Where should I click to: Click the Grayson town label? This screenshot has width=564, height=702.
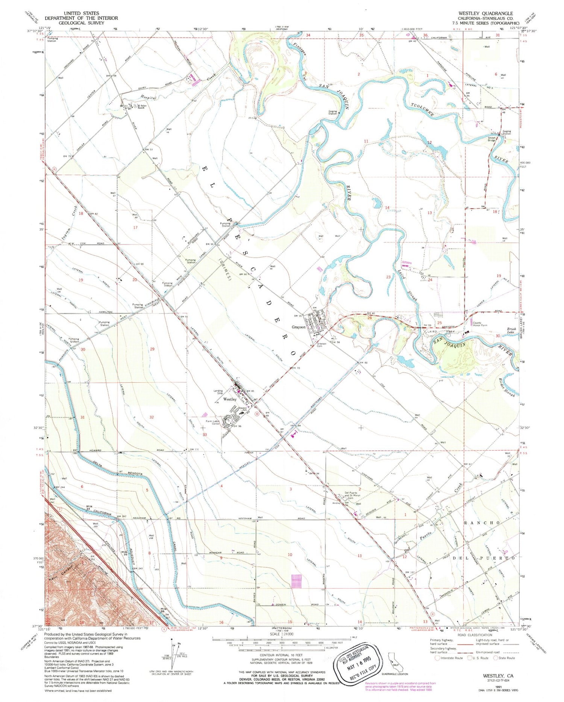(x=299, y=327)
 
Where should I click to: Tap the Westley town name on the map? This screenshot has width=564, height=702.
(x=230, y=399)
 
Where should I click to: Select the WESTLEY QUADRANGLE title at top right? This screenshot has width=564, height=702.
(x=485, y=13)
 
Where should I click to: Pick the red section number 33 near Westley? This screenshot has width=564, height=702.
(x=205, y=435)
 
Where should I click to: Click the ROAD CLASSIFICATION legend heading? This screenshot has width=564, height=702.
(x=474, y=635)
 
